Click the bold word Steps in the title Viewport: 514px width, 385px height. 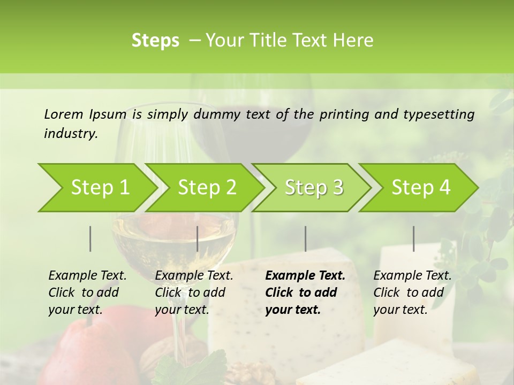coord(155,41)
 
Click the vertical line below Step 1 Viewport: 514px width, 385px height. coord(90,238)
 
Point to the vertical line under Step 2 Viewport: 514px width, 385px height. coord(198,238)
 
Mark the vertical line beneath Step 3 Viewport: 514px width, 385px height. coord(305,238)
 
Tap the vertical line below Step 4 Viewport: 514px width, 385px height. coord(413,238)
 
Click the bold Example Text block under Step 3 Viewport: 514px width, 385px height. coord(305,292)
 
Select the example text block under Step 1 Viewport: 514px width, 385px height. coord(87,292)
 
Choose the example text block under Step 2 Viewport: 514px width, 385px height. coord(194,292)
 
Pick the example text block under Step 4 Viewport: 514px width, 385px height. coord(412,292)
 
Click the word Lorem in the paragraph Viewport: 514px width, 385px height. coord(64,114)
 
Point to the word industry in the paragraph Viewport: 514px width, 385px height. coord(70,134)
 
